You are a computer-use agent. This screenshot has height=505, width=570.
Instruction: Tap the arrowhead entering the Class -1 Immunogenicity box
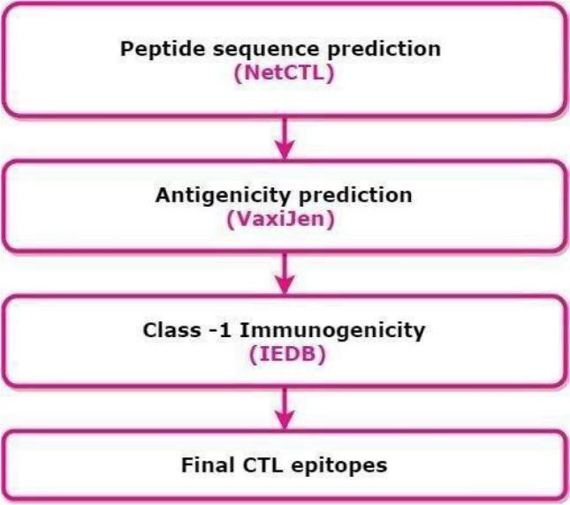coord(284,286)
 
